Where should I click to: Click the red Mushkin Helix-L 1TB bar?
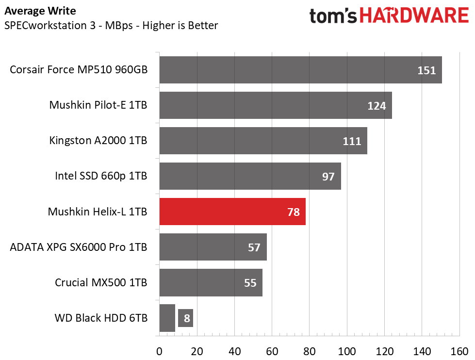(x=232, y=212)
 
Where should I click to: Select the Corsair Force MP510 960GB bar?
(x=300, y=70)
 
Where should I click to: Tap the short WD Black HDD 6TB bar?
(x=167, y=318)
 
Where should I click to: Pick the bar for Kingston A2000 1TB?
(x=263, y=141)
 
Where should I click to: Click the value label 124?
(x=377, y=106)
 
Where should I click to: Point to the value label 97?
(x=328, y=177)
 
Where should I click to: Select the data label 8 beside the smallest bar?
(x=187, y=318)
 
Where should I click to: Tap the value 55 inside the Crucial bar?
(x=250, y=283)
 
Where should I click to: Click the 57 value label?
(x=254, y=247)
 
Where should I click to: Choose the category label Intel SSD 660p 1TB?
(x=101, y=176)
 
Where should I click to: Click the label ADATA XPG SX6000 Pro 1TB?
(x=79, y=247)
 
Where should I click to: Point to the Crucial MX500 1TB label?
(x=101, y=282)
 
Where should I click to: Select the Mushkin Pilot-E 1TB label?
(x=98, y=105)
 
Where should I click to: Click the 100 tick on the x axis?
(x=347, y=352)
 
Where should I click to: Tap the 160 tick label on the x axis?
(x=459, y=352)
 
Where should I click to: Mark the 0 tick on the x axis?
(x=159, y=352)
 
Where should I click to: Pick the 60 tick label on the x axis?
(x=272, y=352)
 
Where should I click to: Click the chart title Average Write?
(x=40, y=11)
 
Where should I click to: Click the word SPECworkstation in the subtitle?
(x=46, y=25)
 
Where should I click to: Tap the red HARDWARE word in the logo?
(x=414, y=16)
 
